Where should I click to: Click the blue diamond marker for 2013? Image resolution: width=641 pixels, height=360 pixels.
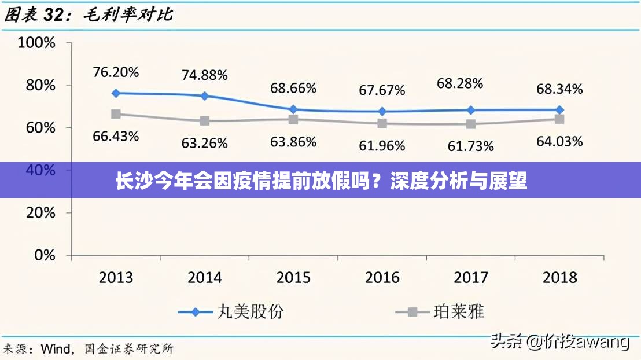tap(116, 93)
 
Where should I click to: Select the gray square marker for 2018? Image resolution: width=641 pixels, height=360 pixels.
tap(559, 119)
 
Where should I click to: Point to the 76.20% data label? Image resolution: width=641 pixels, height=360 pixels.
tap(116, 72)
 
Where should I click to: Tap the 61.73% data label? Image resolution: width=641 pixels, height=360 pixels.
tap(470, 146)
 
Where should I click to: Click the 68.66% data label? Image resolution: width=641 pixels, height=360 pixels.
tap(293, 89)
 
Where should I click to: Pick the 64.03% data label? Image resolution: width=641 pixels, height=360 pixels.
tap(559, 141)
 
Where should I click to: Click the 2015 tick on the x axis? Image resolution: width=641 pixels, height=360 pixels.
tap(293, 277)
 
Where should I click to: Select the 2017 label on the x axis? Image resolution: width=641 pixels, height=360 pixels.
tap(471, 277)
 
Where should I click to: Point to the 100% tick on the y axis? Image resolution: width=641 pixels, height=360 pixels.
tap(36, 43)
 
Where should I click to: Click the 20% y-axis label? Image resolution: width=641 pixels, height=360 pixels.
tap(40, 212)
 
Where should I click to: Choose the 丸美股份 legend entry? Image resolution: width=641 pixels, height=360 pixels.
tap(231, 312)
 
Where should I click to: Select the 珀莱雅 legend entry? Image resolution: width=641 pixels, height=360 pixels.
tap(439, 312)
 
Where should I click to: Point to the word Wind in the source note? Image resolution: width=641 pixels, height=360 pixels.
tap(57, 349)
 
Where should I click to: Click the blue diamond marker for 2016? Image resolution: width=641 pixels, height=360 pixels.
tap(382, 111)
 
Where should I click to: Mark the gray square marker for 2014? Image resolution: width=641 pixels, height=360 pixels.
tap(205, 121)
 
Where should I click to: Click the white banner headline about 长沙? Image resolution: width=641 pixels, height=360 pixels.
tap(320, 181)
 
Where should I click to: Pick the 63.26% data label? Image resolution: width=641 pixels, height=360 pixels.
tap(205, 143)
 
